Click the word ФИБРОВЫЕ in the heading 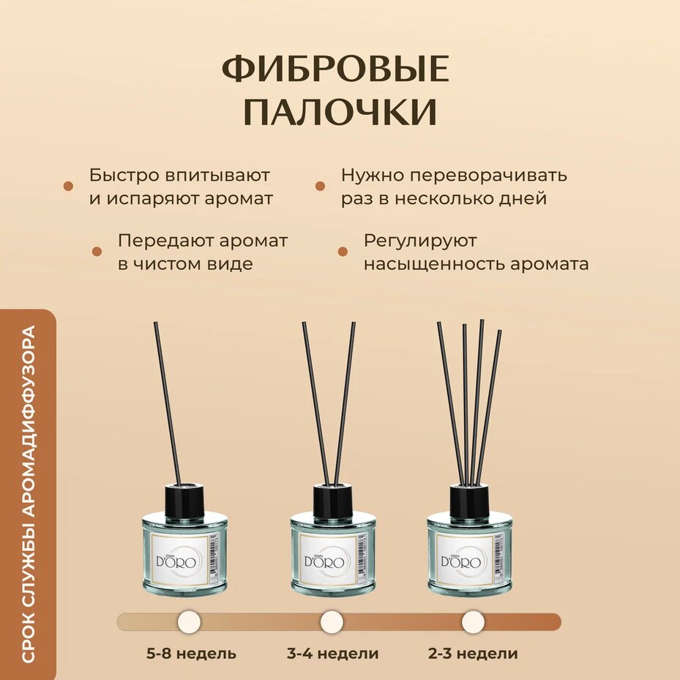click(x=335, y=69)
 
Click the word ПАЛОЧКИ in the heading click(x=340, y=112)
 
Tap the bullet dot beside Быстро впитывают click(x=68, y=186)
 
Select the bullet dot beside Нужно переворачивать click(x=320, y=186)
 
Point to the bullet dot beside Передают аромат click(x=97, y=252)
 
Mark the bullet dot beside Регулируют click(x=343, y=252)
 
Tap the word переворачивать click(x=488, y=176)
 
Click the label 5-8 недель click(x=191, y=653)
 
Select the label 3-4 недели click(x=332, y=653)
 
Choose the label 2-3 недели click(x=473, y=653)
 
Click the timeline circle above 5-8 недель click(x=189, y=622)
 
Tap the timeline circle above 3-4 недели click(x=332, y=622)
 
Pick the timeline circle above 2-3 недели click(x=473, y=622)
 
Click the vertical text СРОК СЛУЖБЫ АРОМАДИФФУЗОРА click(x=28, y=493)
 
